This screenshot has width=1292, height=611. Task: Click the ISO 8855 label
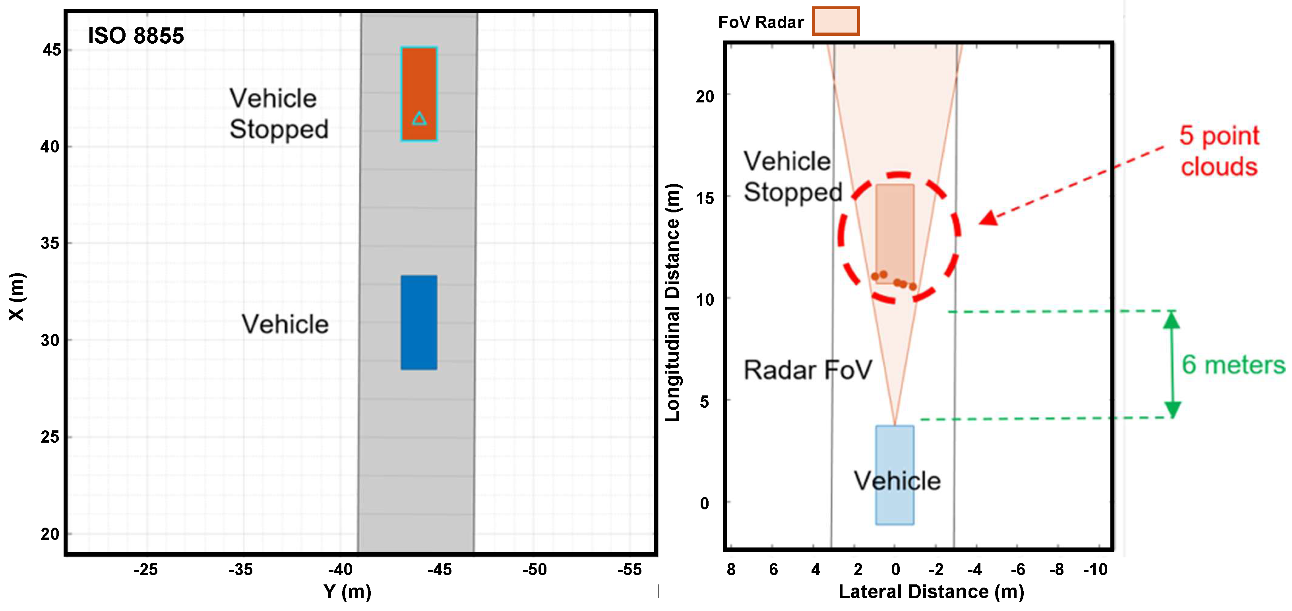pos(136,36)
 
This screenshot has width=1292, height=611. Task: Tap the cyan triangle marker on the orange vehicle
pos(419,118)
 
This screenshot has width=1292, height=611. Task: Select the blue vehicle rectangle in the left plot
pos(419,322)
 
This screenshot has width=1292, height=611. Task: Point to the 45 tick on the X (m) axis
pos(52,50)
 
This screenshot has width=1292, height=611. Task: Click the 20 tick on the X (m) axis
pos(50,534)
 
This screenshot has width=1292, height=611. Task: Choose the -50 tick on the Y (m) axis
pos(534,569)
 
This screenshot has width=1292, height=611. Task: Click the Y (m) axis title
pos(347,592)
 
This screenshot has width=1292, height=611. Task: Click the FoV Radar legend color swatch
pos(836,21)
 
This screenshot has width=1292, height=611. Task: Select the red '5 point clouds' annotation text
pos(1219,151)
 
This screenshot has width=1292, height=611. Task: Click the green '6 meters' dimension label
pos(1233,364)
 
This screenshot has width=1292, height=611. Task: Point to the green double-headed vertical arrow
pos(1172,364)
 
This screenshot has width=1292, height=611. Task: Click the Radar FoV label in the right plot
pos(808,370)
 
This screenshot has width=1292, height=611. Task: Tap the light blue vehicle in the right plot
pos(895,475)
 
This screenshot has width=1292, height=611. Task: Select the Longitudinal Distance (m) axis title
pos(672,302)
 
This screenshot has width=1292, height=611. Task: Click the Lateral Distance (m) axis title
pos(931,592)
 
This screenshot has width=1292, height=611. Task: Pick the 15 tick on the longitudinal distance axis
pos(705,198)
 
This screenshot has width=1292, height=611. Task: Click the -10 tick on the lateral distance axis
pos(1095,569)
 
